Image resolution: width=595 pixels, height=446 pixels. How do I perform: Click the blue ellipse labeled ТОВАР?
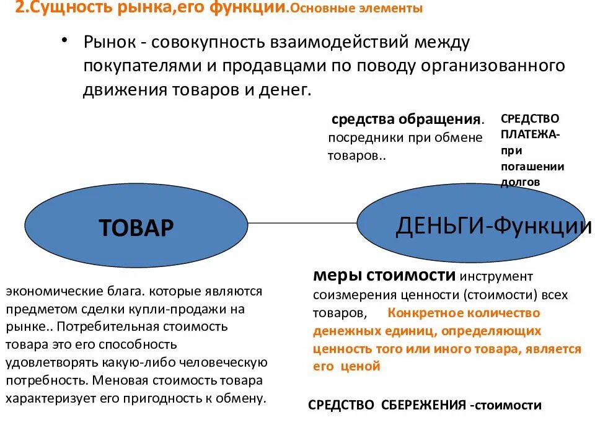[136, 228]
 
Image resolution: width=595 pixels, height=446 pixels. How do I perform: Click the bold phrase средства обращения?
[406, 120]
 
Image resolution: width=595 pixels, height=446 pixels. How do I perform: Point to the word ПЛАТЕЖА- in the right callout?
[530, 134]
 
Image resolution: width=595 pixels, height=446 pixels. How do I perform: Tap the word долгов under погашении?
[521, 182]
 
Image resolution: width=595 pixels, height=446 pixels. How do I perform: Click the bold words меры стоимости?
[385, 276]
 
